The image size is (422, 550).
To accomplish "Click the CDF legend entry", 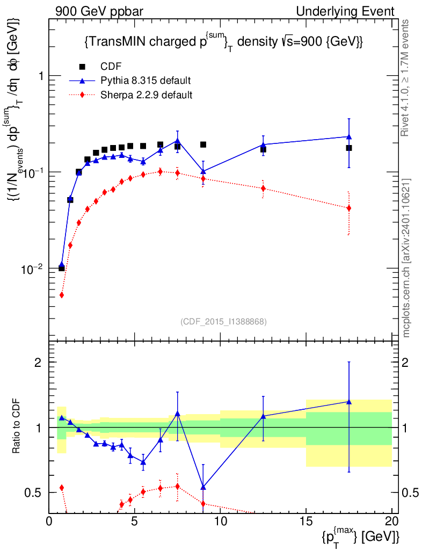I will pyautogui.click(x=111, y=67).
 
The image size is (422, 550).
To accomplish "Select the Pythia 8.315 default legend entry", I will pyautogui.click(x=145, y=81).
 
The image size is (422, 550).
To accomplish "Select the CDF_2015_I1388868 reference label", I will pyautogui.click(x=223, y=321).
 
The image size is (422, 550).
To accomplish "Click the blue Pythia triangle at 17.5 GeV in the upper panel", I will pyautogui.click(x=349, y=136).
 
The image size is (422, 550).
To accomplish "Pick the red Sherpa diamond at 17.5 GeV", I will pyautogui.click(x=349, y=208).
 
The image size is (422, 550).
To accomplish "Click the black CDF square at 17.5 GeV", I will pyautogui.click(x=349, y=148).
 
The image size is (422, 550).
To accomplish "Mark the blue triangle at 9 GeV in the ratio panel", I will pyautogui.click(x=203, y=487).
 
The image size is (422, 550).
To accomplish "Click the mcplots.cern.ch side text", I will pyautogui.click(x=406, y=258).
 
